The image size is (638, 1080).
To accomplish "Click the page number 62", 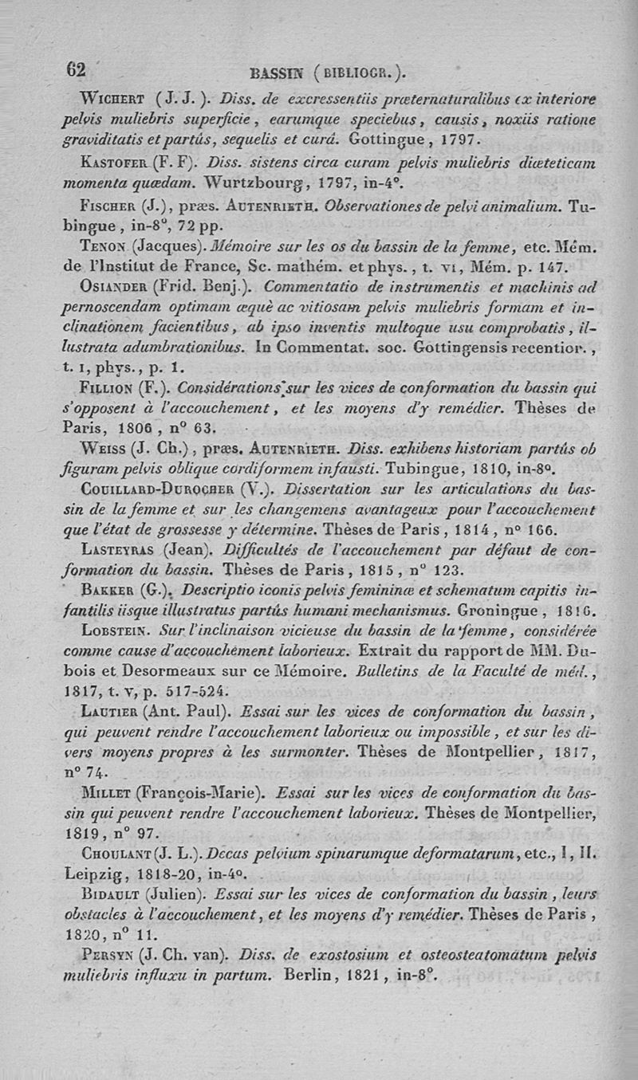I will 75,69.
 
